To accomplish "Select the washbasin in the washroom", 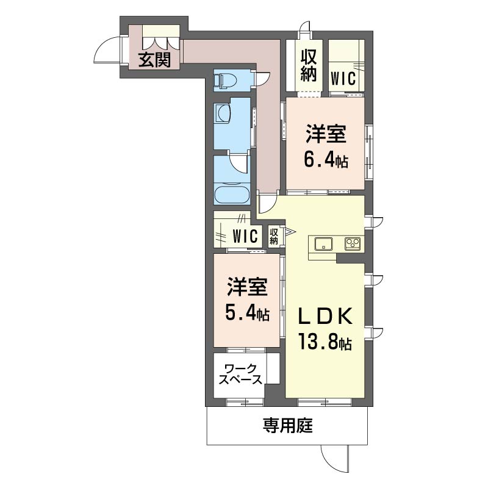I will tap(222, 113).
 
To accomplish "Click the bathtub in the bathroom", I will tap(232, 196).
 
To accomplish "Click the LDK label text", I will tap(324, 316).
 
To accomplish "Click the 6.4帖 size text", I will tap(326, 160).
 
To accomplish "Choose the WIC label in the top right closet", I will tap(343, 78).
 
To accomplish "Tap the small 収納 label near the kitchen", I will tap(274, 235).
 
